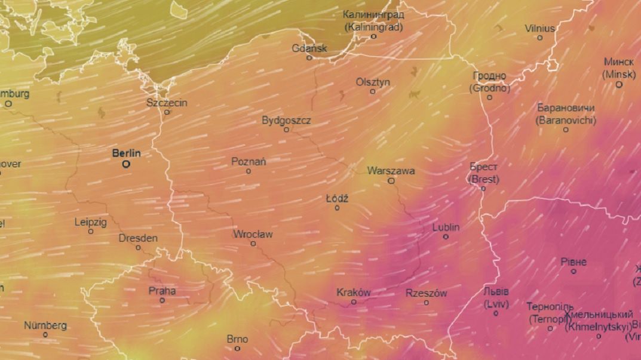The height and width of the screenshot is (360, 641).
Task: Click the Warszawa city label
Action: point(391,171)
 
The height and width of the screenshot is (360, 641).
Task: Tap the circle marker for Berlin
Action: point(126,164)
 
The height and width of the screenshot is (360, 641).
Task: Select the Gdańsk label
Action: point(309,48)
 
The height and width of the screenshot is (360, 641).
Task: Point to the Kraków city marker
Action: point(354,302)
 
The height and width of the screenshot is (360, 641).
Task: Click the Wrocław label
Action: point(253,234)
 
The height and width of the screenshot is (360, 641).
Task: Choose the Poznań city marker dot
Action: point(249,171)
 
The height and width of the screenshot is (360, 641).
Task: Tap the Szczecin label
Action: point(167,103)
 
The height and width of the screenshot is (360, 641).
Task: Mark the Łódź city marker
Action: point(337,208)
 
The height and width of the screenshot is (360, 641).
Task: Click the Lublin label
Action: point(446,227)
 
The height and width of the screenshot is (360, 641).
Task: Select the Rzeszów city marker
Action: point(426,303)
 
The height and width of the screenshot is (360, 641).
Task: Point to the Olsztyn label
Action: point(373,82)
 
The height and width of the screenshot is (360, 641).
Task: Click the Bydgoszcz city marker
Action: point(286,130)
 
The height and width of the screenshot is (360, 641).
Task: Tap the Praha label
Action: point(162,291)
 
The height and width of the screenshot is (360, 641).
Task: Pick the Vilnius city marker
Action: point(539,38)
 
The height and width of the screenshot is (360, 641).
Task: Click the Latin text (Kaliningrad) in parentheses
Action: point(374,27)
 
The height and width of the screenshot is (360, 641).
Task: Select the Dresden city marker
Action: point(138,248)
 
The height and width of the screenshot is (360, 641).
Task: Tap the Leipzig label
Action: point(91,222)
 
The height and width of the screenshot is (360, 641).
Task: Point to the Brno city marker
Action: point(237,349)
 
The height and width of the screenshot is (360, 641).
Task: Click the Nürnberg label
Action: point(45,326)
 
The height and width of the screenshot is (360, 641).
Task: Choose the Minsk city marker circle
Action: point(619,84)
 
